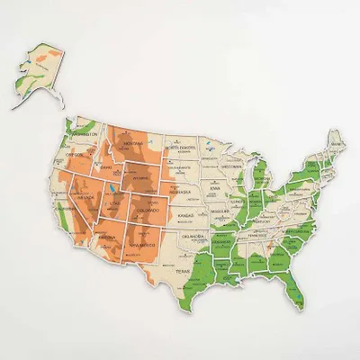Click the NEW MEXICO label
[144, 246]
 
